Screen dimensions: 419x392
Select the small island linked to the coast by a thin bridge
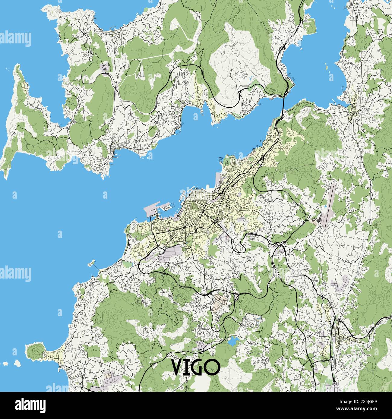coord(90,263)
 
